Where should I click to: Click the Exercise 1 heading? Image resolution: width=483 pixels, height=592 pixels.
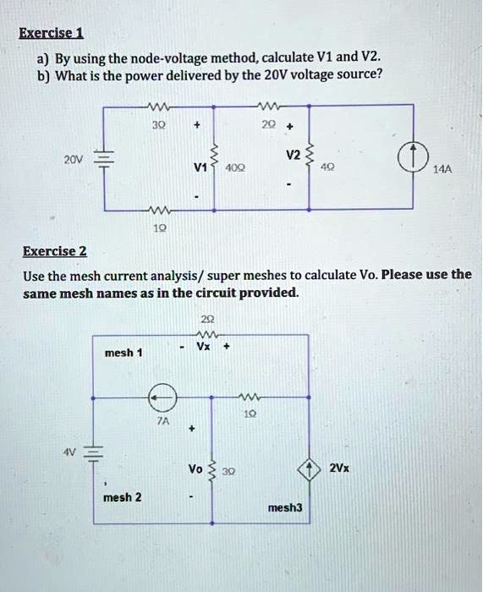click(x=51, y=33)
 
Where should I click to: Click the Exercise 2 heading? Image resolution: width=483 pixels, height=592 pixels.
click(x=55, y=251)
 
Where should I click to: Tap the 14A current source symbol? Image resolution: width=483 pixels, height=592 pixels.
click(x=414, y=156)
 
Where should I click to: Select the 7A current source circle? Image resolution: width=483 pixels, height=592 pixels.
click(x=162, y=397)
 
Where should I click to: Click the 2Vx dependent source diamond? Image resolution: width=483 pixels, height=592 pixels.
click(x=310, y=469)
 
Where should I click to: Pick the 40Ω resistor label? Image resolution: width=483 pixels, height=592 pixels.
click(x=235, y=167)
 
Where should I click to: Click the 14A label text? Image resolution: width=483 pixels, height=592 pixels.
click(x=442, y=169)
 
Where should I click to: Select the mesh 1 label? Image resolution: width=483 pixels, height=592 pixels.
click(x=123, y=353)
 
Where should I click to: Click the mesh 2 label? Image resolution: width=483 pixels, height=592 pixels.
click(x=123, y=497)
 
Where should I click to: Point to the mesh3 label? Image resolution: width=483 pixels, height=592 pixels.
click(x=285, y=507)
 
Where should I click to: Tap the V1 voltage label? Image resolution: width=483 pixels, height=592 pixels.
click(x=200, y=167)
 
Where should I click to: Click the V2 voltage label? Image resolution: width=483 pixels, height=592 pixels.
click(x=293, y=155)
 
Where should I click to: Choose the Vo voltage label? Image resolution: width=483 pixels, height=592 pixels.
click(x=195, y=469)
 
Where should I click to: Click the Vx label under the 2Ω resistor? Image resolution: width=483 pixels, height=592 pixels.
click(x=204, y=346)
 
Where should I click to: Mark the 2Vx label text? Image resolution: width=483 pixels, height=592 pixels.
click(x=339, y=469)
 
